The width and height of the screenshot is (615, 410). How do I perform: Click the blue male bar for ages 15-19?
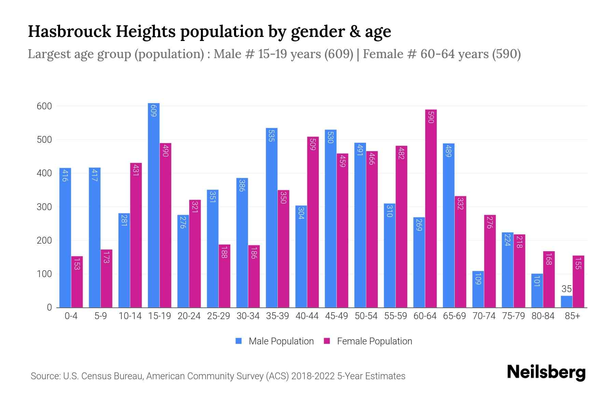pos(154,205)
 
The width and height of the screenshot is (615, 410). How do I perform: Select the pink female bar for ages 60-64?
pos(431,208)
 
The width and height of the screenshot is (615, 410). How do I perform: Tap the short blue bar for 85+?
pos(566,302)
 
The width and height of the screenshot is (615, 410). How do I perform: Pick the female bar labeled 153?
pos(77,282)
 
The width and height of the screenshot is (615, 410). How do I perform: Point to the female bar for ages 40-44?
pos(313,222)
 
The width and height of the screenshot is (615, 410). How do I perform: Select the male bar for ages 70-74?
pos(478,289)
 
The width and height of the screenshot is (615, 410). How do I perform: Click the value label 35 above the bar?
pos(566,289)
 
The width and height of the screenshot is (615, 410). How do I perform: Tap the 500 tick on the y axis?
pos(44,140)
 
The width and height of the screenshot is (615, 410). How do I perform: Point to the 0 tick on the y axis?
pos(49,307)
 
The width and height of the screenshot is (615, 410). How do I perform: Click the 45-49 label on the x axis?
pos(337,316)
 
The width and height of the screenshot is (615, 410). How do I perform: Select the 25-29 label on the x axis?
pos(219,316)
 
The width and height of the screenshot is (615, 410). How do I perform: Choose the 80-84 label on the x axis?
pos(543,316)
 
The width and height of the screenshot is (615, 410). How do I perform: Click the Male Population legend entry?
pos(281,341)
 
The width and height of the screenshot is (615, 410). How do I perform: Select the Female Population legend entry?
pos(374,341)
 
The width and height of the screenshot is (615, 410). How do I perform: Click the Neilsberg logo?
pos(546,372)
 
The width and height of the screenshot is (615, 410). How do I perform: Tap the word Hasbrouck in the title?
pos(69,31)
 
